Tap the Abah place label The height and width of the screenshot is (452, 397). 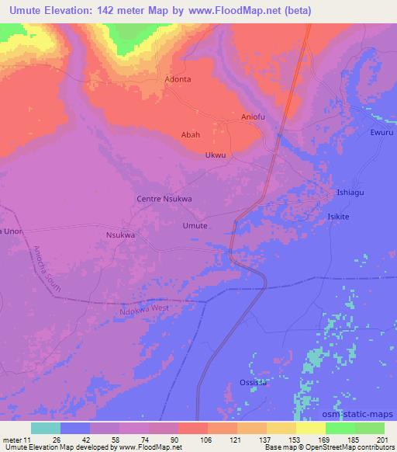pos(191,134)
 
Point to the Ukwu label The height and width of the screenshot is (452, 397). pos(216,155)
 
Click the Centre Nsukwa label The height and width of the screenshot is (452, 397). pos(164,199)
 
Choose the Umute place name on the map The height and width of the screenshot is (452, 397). pos(195,225)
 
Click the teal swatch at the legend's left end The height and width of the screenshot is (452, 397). pos(46,428)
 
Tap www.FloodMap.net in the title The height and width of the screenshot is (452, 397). pos(238,9)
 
